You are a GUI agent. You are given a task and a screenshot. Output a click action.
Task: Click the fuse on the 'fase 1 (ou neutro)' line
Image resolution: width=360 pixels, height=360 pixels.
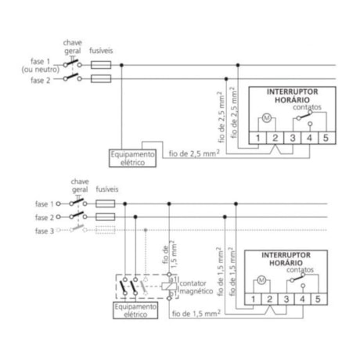pos(101,65)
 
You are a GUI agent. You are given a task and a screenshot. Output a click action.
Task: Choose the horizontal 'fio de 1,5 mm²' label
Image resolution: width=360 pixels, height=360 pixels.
pos(193,314)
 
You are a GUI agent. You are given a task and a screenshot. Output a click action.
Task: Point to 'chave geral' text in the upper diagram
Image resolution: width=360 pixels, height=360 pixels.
pos(71,46)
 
